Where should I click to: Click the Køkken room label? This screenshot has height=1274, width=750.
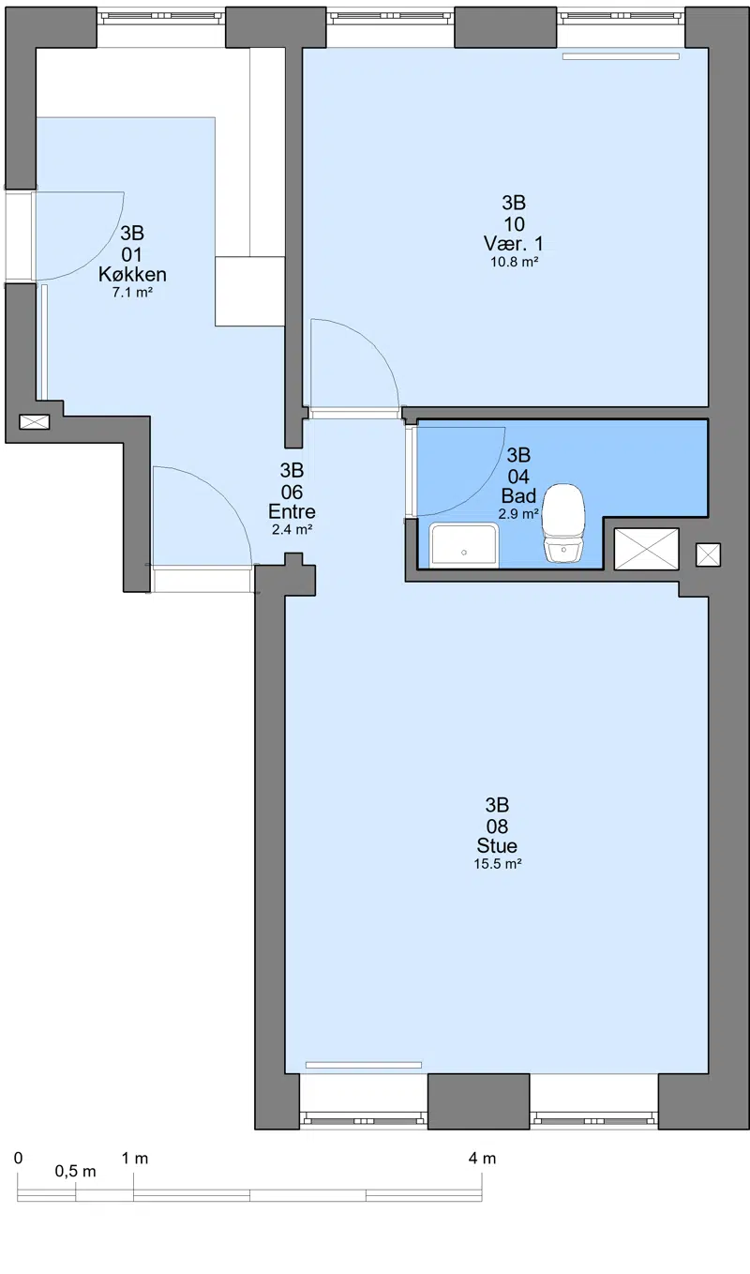pyautogui.click(x=132, y=274)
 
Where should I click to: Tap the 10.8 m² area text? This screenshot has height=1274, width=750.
pyautogui.click(x=514, y=262)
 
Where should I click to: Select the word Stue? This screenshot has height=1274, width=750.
pyautogui.click(x=497, y=845)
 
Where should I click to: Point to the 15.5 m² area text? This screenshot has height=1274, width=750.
pyautogui.click(x=498, y=864)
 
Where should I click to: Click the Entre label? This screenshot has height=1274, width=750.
pyautogui.click(x=292, y=511)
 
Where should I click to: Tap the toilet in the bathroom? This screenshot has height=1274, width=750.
pyautogui.click(x=563, y=523)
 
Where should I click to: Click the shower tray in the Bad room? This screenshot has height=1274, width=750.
pyautogui.click(x=464, y=546)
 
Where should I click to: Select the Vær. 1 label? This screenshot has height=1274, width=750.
pyautogui.click(x=514, y=243)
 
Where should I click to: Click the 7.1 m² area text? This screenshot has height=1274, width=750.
pyautogui.click(x=132, y=293)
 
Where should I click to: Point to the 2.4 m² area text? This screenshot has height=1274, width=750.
pyautogui.click(x=292, y=530)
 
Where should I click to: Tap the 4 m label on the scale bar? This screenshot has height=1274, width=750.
pyautogui.click(x=482, y=1158)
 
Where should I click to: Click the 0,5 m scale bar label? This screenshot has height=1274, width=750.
pyautogui.click(x=76, y=1172)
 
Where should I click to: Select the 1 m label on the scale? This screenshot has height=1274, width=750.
pyautogui.click(x=135, y=1158)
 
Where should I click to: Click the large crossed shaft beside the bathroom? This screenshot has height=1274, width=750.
pyautogui.click(x=647, y=549)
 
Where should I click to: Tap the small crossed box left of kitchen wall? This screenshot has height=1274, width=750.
pyautogui.click(x=35, y=422)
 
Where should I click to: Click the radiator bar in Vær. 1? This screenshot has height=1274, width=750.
pyautogui.click(x=621, y=56)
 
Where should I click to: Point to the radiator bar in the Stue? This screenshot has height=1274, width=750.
pyautogui.click(x=364, y=1065)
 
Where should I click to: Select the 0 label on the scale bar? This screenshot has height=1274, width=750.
pyautogui.click(x=18, y=1158)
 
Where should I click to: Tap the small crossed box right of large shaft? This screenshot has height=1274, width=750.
pyautogui.click(x=708, y=554)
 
